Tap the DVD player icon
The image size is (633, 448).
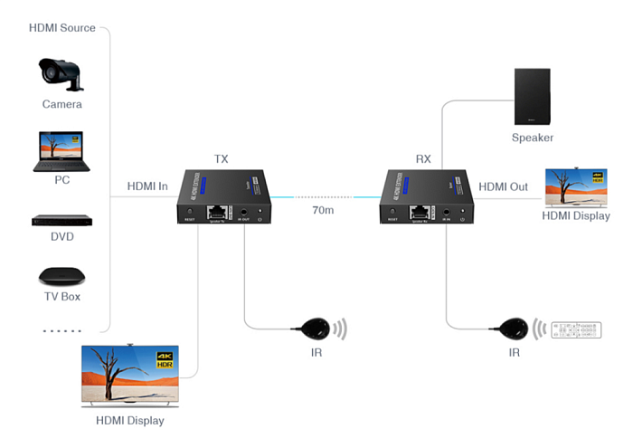[x=61, y=220]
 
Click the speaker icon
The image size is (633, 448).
[x=532, y=97]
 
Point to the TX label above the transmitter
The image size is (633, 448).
[x=221, y=159]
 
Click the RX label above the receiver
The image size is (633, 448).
[x=423, y=159]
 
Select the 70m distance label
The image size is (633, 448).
[x=323, y=211]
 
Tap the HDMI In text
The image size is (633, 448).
[x=147, y=187]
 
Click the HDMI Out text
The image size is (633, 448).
[x=503, y=187]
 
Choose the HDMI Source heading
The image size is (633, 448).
[x=62, y=28]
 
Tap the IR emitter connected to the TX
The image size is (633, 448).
[x=316, y=327]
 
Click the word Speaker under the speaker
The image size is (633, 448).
[x=532, y=138]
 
